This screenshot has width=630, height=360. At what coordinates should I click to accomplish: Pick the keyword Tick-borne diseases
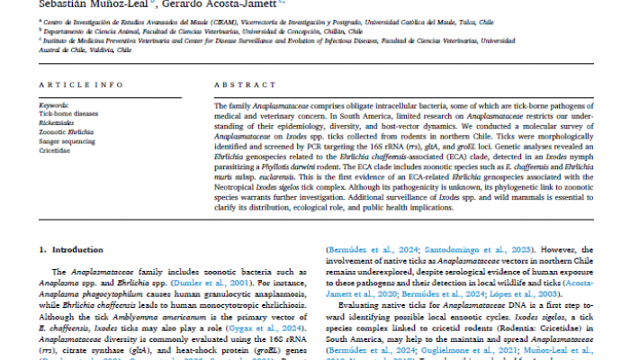tap(68, 113)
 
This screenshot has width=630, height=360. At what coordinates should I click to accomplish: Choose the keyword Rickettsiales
tap(59, 122)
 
